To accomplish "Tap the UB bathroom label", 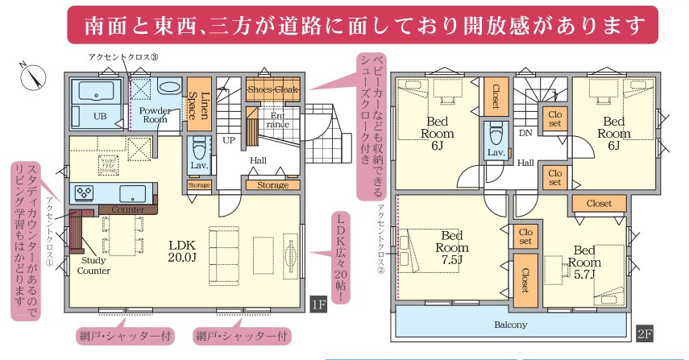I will click(x=100, y=116).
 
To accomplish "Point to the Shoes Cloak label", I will click(x=274, y=89).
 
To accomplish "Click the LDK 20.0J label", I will click(x=182, y=251).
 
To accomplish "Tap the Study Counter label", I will click(x=93, y=265).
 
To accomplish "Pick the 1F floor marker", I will click(x=319, y=304).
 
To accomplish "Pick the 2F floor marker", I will click(x=645, y=331).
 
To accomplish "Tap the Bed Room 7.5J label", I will click(x=452, y=247).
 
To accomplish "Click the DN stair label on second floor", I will click(x=525, y=132).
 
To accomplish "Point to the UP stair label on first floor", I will click(x=229, y=139).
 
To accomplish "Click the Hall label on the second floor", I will click(x=525, y=163).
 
